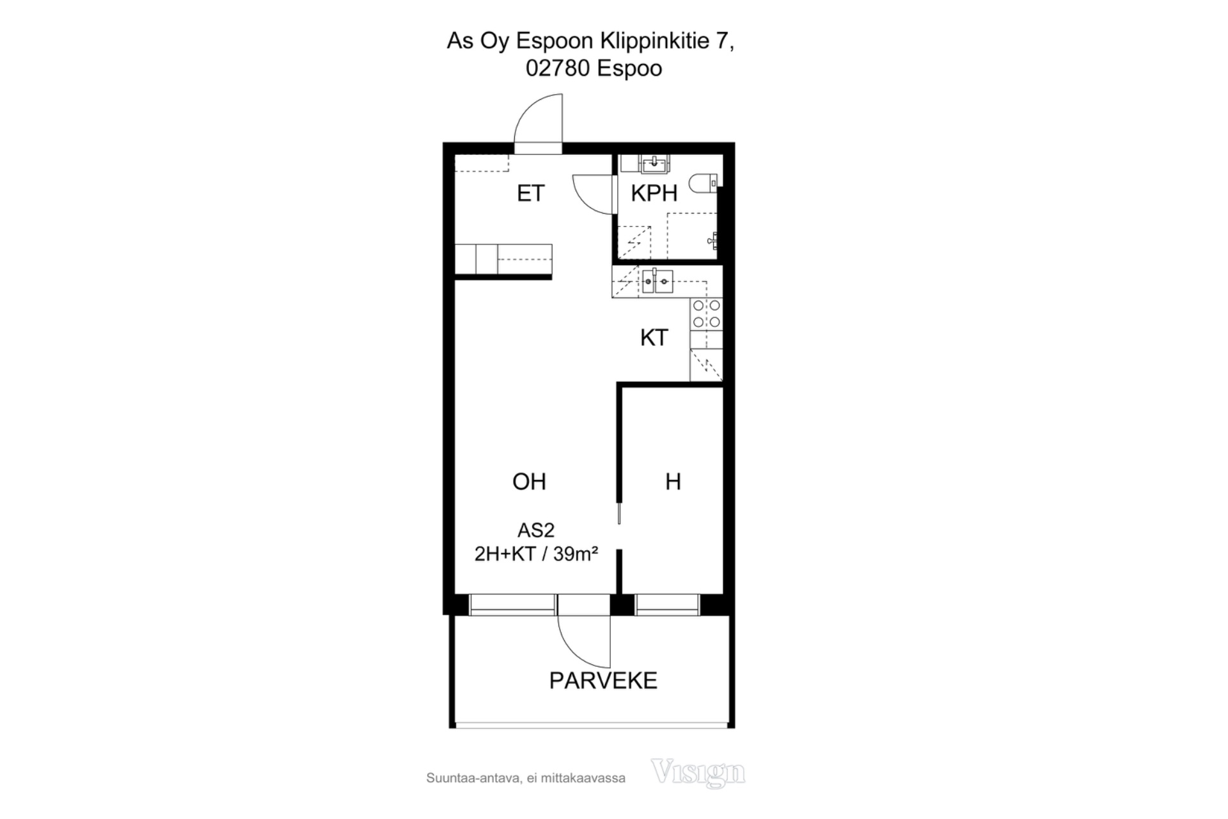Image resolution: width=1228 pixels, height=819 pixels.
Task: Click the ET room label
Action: [x=530, y=193]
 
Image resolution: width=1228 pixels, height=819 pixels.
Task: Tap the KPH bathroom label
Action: [x=654, y=193]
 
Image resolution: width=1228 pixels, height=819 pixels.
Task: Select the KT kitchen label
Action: [x=654, y=337]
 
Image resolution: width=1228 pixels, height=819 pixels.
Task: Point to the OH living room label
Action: [x=529, y=481]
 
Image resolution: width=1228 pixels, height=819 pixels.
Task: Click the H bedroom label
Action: [x=673, y=481]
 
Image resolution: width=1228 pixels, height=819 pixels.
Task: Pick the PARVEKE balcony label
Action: [x=603, y=680]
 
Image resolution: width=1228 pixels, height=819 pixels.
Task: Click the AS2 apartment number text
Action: [x=535, y=530]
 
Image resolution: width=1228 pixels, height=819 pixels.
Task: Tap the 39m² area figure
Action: [x=576, y=553]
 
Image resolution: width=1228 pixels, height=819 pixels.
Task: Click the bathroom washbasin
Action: [x=653, y=164]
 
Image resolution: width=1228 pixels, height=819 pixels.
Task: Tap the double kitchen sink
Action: [x=657, y=282]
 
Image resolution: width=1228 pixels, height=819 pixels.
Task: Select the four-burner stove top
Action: [x=706, y=314]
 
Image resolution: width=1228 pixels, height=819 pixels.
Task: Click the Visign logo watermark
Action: [x=698, y=772]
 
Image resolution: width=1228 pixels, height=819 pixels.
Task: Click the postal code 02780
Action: [x=558, y=68]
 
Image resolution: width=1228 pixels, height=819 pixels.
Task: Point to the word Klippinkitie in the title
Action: [x=654, y=42]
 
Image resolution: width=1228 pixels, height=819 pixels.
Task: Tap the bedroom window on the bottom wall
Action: [x=667, y=605]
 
